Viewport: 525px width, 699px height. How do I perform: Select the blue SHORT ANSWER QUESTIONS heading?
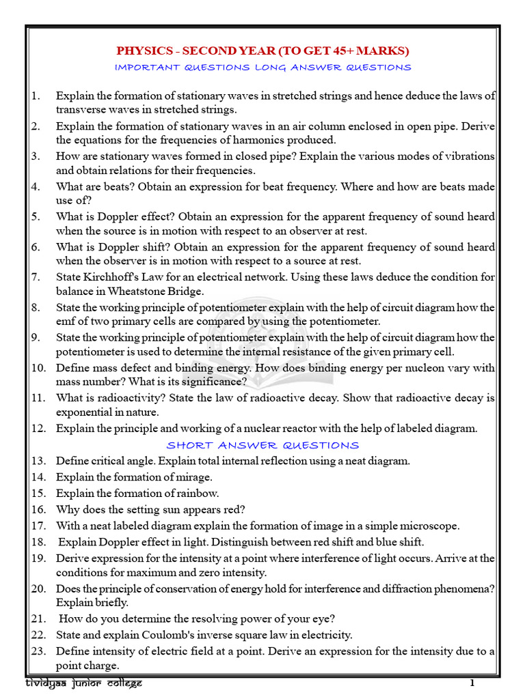263,445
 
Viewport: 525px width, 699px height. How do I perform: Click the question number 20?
38,588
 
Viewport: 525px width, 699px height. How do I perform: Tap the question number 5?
36,216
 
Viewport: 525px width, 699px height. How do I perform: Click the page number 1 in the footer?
472,683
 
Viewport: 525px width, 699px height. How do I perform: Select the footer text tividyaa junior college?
83,683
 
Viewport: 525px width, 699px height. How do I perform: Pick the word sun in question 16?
165,509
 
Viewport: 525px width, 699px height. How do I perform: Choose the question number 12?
38,429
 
